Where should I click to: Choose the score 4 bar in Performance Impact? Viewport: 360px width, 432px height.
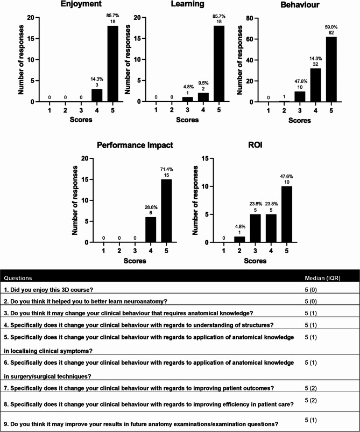point(150,229)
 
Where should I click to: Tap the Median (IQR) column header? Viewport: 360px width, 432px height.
point(322,278)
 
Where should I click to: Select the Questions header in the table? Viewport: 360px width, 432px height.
point(18,278)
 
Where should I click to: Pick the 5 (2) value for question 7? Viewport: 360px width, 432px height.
point(311,387)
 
